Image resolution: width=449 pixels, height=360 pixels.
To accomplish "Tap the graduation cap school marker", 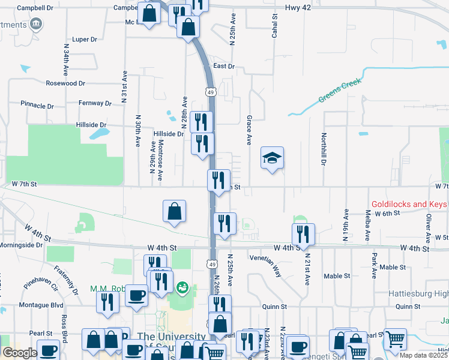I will click(x=273, y=158).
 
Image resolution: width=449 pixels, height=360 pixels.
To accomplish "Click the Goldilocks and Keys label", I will click(x=409, y=204).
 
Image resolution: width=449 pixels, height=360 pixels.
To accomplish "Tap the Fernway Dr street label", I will click(x=95, y=103).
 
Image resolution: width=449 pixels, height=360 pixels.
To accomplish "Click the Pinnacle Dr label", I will click(x=37, y=105).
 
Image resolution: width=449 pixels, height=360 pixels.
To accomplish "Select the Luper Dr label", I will click(x=84, y=40).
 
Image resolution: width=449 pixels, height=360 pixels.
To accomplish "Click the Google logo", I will click(x=20, y=353).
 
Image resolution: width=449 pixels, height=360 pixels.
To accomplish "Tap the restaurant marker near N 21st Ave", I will click(x=303, y=235).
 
